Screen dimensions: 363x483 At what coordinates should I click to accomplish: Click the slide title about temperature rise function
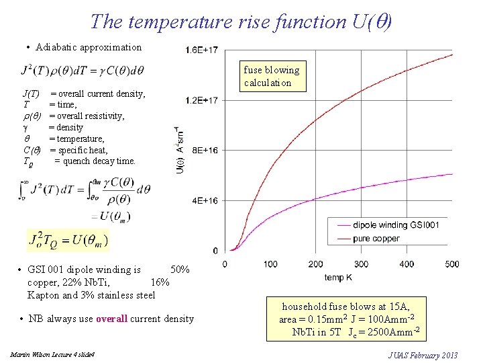241,22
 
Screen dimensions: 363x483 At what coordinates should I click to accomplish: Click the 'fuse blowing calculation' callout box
272,76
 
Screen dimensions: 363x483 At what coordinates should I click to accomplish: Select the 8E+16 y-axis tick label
204,151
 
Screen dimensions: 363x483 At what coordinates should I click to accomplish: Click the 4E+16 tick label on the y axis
204,200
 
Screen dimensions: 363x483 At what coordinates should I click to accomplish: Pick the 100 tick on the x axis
270,264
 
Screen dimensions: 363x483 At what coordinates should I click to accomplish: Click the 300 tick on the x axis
361,264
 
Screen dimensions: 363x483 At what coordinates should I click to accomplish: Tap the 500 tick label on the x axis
451,264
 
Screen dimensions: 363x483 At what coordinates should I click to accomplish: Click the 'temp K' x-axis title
338,277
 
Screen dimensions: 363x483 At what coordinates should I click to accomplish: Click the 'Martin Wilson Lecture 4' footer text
52,354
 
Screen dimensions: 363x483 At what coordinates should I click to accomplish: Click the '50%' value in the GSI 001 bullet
180,270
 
